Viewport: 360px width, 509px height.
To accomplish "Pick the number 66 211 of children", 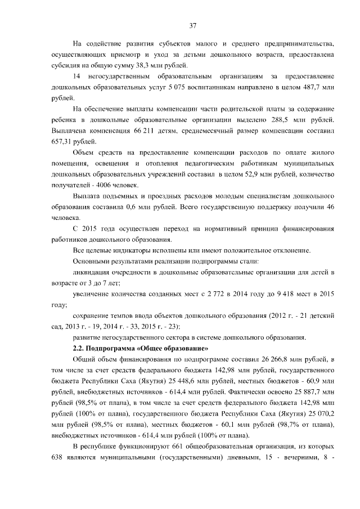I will click(x=139, y=130).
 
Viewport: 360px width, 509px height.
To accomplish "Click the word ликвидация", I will click(x=93, y=272).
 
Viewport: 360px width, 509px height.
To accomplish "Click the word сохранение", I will click(x=93, y=316).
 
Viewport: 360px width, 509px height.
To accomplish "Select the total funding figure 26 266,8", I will click(x=264, y=359).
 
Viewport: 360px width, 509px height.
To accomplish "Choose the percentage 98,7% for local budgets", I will click(x=291, y=424).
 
